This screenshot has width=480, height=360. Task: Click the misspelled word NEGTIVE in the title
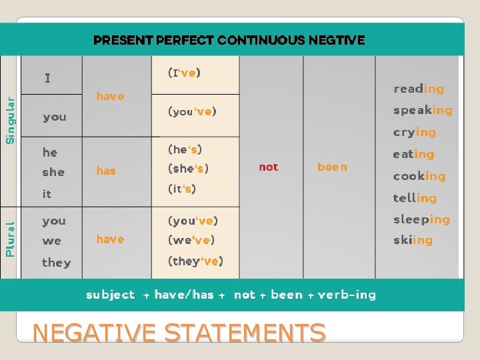coord(336,40)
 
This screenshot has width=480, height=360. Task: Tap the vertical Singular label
coord(10,120)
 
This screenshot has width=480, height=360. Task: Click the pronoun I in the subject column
coord(47,78)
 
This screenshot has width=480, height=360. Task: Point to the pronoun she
coord(53,172)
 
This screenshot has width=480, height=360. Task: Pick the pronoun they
coord(56,263)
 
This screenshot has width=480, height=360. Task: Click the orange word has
coord(106,171)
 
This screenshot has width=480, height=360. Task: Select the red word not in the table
coord(269,167)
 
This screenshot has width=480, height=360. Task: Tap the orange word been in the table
coord(332,167)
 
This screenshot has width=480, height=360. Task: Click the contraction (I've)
coord(185,73)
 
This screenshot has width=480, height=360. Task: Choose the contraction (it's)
coord(182,189)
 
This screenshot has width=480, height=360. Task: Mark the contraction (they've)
coord(195,261)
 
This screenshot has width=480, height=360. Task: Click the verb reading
coord(418,89)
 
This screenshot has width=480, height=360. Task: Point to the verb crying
coord(414,132)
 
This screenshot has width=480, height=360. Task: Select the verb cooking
coord(419,176)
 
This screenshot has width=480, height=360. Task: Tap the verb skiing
coord(412,240)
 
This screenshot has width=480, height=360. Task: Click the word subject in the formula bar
coord(110,295)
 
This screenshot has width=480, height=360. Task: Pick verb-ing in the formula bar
coord(347,295)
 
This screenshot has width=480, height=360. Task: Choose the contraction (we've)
coord(191,240)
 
